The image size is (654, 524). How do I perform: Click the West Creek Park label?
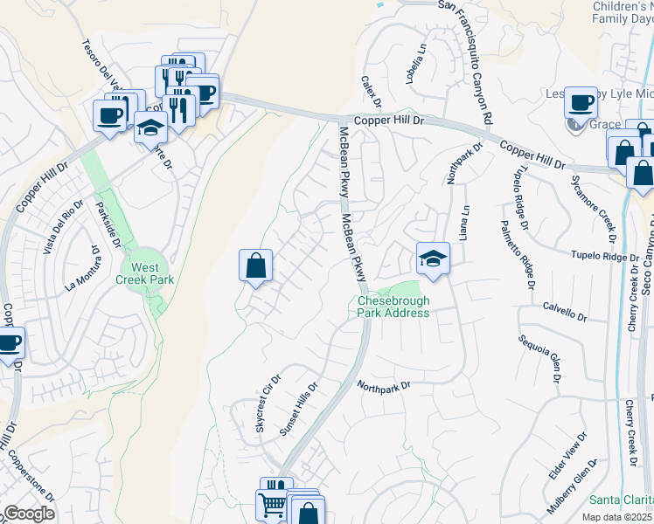146,273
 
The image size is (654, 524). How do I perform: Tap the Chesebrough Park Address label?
393,307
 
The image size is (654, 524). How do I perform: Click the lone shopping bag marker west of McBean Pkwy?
255,266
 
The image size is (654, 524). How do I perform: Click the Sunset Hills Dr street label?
298,409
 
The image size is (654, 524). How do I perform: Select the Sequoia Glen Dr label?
539,358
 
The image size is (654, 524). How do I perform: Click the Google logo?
29,514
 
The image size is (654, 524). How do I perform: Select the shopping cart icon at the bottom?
271,504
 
